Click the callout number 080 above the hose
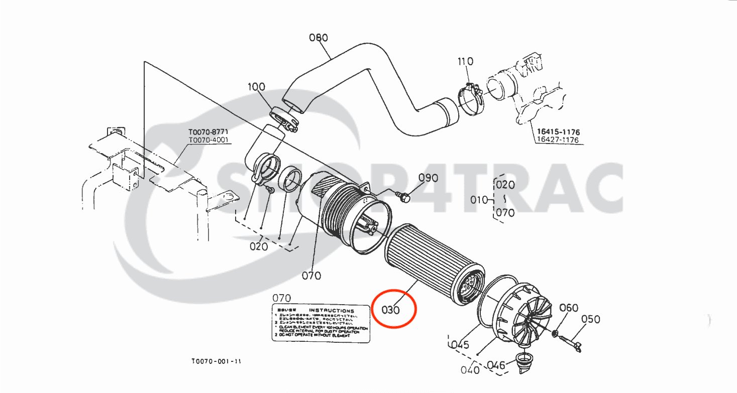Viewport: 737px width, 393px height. (318, 38)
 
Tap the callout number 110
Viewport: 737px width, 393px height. (465, 62)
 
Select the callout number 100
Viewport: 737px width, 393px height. (256, 87)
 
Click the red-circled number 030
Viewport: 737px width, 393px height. (391, 310)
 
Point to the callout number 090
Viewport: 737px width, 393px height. (428, 178)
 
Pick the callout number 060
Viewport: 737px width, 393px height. (569, 308)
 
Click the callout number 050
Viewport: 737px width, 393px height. (591, 319)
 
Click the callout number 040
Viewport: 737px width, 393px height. (470, 370)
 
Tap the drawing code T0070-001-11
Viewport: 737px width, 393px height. (216, 361)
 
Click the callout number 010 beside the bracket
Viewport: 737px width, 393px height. (479, 200)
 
